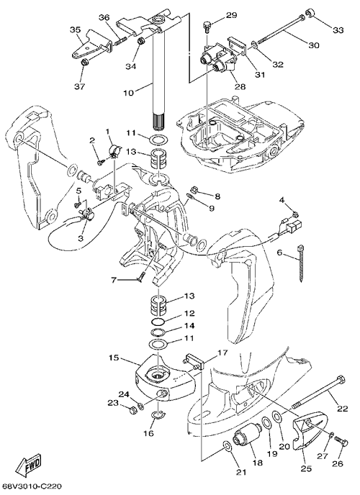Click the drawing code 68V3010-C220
pos(31,486)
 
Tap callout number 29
pos(231,15)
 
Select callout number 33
pos(338,30)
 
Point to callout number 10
pos(129,93)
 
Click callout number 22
pos(342,409)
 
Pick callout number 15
pos(114,358)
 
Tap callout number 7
pos(113,280)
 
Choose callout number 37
pos(80,86)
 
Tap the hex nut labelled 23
pos(132,410)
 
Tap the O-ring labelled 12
pos(158,322)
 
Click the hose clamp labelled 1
pos(114,150)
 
